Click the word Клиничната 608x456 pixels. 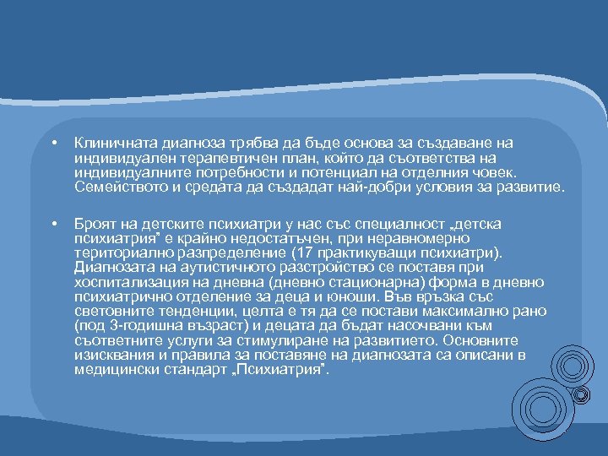110,144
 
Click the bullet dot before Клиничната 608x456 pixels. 52,144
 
